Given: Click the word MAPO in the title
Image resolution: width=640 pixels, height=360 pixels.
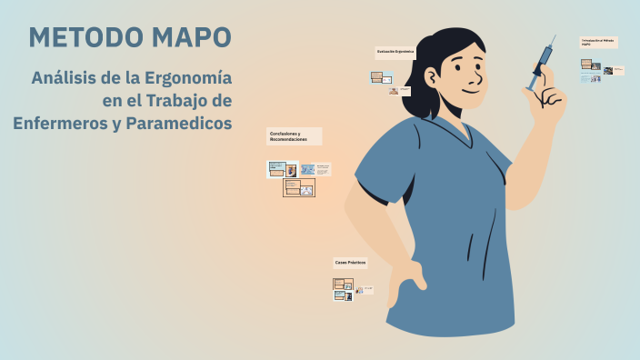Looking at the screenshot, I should [x=190, y=37].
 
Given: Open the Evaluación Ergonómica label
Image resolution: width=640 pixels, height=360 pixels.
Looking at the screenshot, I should [x=395, y=52].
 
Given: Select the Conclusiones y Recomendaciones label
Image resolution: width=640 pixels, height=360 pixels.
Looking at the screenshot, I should [x=293, y=136].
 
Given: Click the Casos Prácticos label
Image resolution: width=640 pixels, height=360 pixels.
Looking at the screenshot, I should [x=350, y=262].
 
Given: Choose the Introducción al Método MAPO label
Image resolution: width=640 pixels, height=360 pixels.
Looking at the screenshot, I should [x=598, y=42].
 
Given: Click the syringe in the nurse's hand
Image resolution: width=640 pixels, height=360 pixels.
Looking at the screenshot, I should [x=542, y=62].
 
